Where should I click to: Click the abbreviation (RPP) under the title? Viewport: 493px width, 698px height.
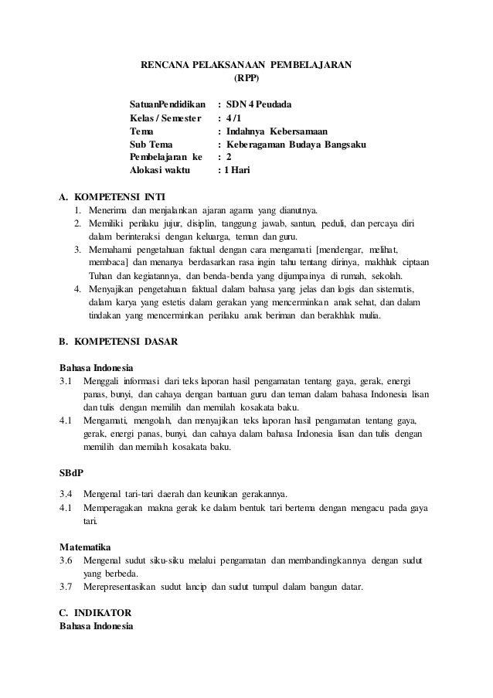246,77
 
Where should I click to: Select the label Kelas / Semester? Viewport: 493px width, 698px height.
164,118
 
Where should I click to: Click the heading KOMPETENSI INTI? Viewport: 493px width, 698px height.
119,196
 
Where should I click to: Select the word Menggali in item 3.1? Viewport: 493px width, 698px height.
105,380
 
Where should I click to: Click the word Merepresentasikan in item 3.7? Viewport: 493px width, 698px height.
121,587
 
